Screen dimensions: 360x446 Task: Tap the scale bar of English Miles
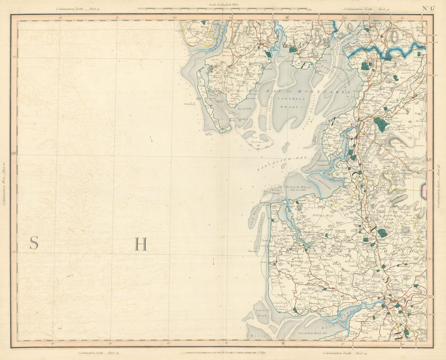pyautogui.click(x=222, y=8)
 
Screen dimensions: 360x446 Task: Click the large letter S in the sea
pyautogui.click(x=34, y=243)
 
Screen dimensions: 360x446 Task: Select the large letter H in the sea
pyautogui.click(x=140, y=244)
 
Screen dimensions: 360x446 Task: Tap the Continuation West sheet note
pyautogui.click(x=4, y=183)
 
